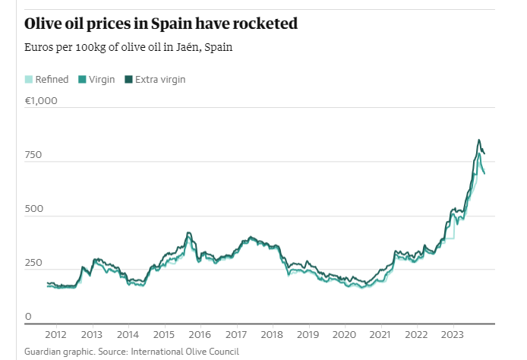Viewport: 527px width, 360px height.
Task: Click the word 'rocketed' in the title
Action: coord(256,24)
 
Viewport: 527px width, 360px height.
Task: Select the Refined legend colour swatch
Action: coord(29,79)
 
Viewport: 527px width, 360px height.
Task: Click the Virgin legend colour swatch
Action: coord(83,79)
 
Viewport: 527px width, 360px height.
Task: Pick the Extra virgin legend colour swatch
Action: coord(129,79)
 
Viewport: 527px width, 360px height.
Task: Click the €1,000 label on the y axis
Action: coord(41,101)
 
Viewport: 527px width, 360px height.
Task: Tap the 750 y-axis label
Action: coord(33,155)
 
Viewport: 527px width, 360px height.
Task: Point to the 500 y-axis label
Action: coord(33,209)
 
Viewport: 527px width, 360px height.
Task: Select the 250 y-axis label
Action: coord(33,263)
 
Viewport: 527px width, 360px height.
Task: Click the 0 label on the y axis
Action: coord(28,317)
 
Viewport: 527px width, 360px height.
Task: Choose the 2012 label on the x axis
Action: coord(55,334)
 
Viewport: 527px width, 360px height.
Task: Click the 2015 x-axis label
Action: coord(163,334)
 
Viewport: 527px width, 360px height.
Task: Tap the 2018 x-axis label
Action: coord(272,334)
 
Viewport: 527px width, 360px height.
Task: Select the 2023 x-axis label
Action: coord(453,334)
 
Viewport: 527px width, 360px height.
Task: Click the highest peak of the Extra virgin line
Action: coord(478,140)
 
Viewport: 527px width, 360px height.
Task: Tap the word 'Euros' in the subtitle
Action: coord(39,47)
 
